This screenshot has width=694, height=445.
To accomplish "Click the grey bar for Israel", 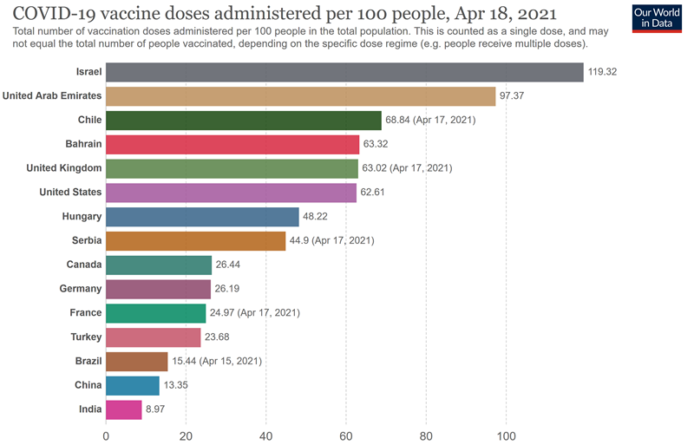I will (344, 71).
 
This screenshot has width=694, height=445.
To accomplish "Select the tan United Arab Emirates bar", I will (300, 95).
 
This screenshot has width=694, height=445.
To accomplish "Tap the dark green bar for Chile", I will (244, 120).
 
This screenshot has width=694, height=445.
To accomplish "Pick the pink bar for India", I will (124, 409).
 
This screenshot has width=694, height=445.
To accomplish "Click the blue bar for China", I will (133, 385).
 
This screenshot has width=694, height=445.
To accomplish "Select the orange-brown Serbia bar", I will (196, 240).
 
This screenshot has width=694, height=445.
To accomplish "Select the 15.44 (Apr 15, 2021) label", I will (217, 361).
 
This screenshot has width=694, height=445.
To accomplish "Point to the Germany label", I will (81, 289).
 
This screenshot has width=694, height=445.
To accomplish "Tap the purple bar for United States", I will (232, 192).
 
